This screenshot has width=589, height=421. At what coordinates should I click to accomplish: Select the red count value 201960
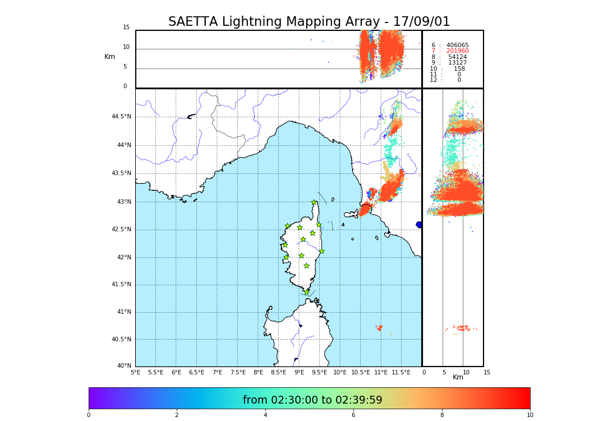pyautogui.click(x=457, y=51)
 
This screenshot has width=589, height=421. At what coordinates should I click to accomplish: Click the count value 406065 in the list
pyautogui.click(x=457, y=45)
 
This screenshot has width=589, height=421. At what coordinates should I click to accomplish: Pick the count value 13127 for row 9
pyautogui.click(x=457, y=63)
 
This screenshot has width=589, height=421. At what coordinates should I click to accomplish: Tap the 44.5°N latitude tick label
pyautogui.click(x=121, y=117)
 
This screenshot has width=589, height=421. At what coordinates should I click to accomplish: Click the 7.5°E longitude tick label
pyautogui.click(x=238, y=372)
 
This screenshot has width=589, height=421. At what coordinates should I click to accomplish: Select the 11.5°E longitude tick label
pyautogui.click(x=401, y=372)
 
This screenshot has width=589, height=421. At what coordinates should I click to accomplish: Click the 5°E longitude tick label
pyautogui.click(x=136, y=372)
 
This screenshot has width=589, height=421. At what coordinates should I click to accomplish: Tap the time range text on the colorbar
pyautogui.click(x=312, y=400)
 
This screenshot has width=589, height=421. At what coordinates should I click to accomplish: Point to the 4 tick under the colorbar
pyautogui.click(x=265, y=415)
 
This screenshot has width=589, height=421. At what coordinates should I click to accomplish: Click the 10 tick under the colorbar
pyautogui.click(x=530, y=415)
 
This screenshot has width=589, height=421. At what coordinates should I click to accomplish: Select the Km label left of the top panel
pyautogui.click(x=109, y=57)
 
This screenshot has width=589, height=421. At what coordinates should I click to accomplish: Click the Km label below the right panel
pyautogui.click(x=458, y=377)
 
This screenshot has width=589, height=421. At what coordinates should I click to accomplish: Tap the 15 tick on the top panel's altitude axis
pyautogui.click(x=126, y=28)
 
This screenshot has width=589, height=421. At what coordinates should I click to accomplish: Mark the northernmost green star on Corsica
pyautogui.click(x=314, y=203)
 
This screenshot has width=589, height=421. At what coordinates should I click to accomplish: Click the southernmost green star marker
pyautogui.click(x=306, y=292)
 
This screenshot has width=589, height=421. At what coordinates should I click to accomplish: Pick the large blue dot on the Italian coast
pyautogui.click(x=419, y=225)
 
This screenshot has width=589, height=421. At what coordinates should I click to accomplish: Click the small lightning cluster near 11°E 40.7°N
pyautogui.click(x=380, y=327)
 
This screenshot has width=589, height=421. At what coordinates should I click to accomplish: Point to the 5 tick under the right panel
pyautogui.click(x=444, y=372)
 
